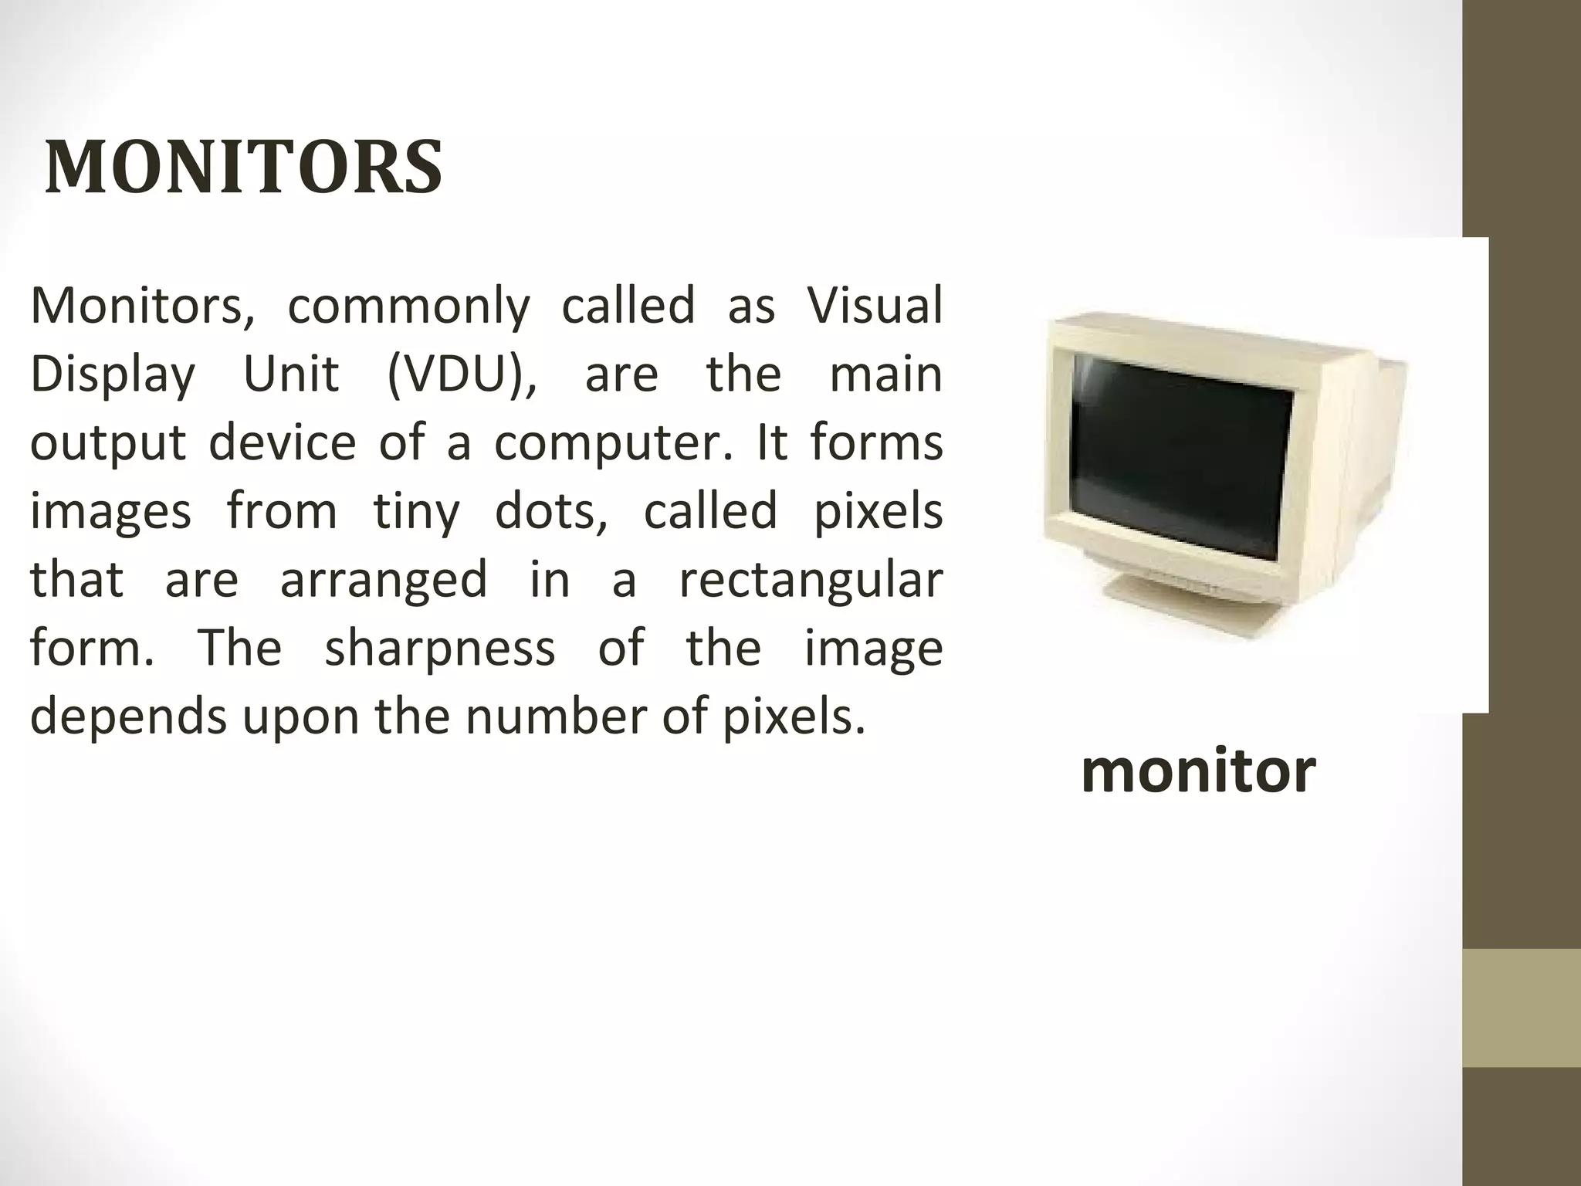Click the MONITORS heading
pos(243,167)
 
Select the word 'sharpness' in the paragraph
pos(439,648)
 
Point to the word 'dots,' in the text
pos(551,511)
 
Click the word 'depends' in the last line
pos(128,717)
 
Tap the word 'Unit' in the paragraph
pos(291,374)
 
